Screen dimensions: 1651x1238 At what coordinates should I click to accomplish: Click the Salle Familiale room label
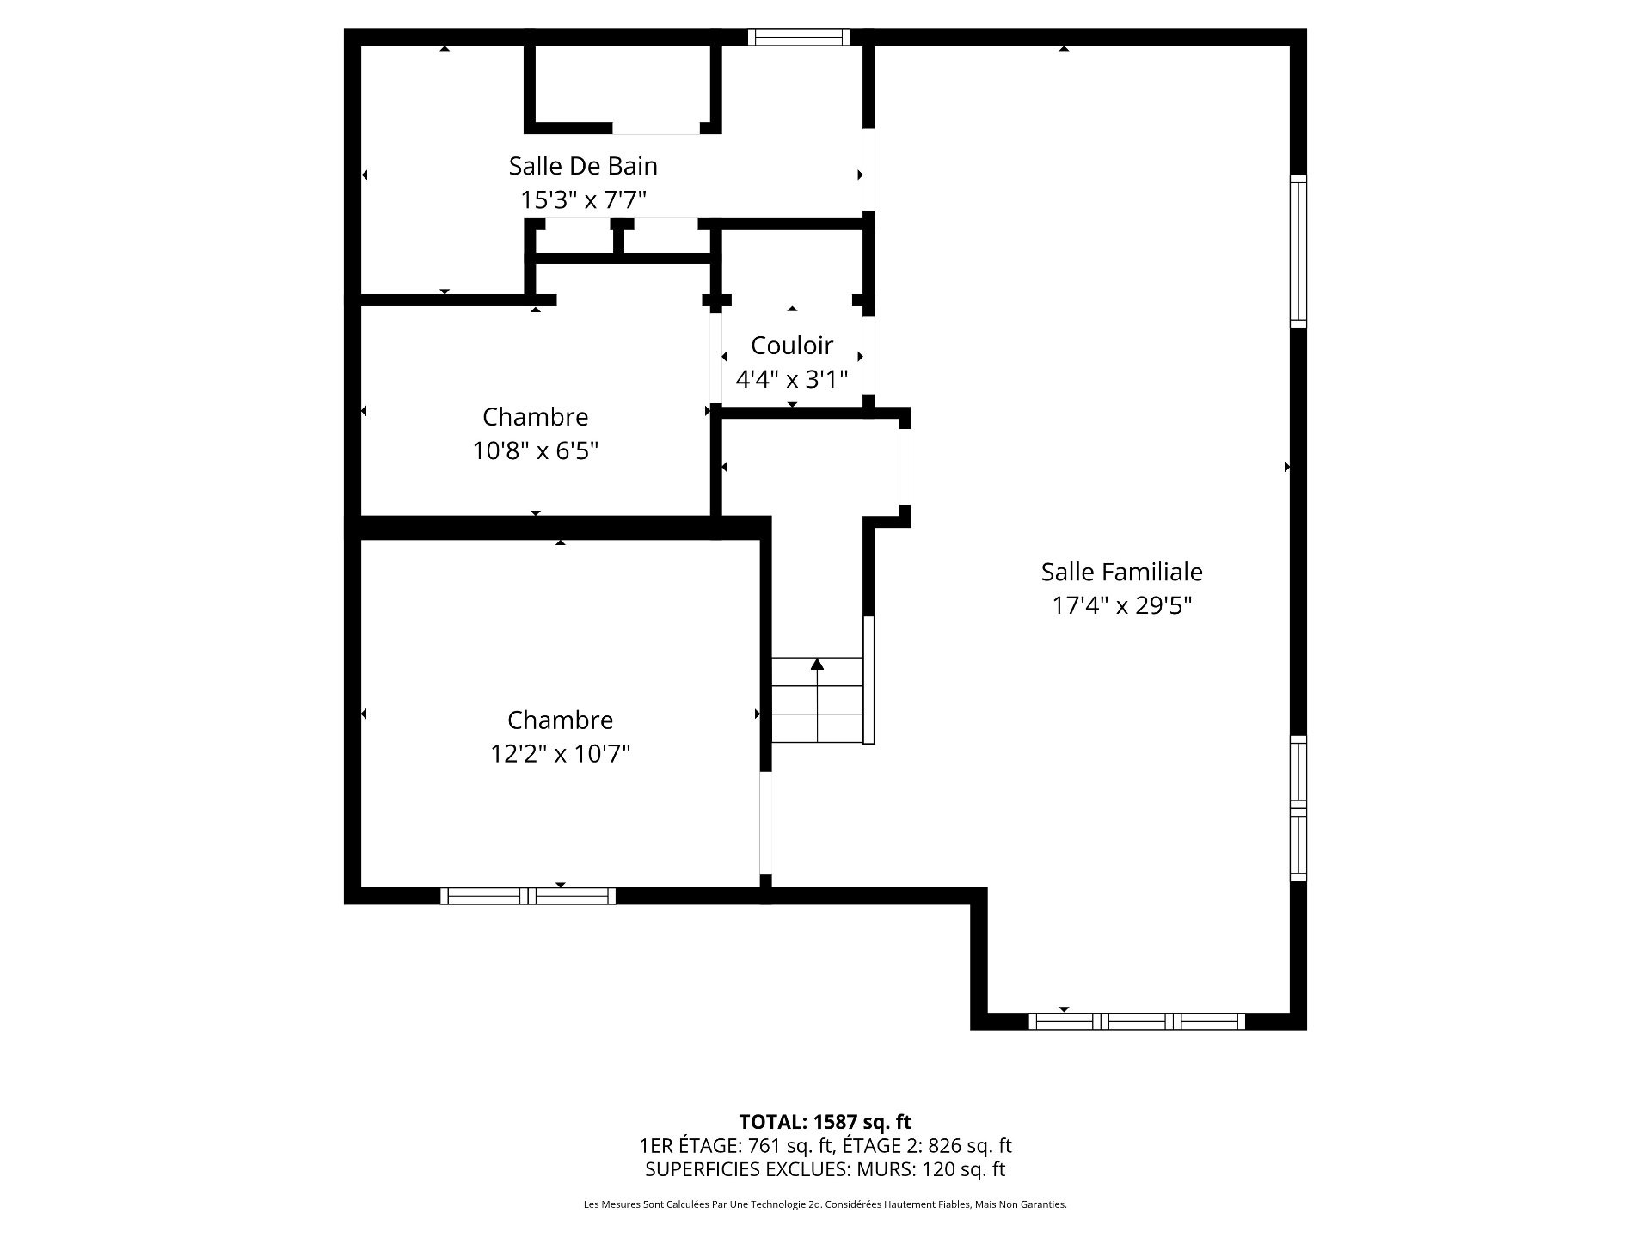1121,572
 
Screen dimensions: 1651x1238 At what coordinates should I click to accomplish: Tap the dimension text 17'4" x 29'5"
1121,606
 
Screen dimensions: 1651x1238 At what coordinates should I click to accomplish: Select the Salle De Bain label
583,166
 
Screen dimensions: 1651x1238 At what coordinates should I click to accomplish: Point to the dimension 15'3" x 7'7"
583,200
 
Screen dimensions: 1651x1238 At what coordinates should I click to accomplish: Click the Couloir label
792,346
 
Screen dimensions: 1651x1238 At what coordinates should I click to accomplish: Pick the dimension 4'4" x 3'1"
792,379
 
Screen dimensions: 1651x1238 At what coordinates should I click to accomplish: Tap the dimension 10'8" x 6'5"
535,450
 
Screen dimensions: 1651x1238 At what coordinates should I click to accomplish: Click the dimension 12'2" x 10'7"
560,754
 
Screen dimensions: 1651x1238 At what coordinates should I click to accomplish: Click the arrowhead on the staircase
817,664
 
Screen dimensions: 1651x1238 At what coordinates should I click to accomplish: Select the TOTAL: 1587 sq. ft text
825,1122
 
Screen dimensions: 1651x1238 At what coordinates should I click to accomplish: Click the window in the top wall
798,37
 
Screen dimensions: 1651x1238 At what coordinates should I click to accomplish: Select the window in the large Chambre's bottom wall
528,896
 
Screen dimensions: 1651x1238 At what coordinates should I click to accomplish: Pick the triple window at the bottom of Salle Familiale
1137,1021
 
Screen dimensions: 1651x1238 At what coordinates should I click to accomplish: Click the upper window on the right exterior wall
1298,251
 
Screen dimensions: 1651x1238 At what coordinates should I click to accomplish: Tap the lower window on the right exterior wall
1298,808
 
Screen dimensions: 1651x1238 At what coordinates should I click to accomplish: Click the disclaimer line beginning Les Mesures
825,1205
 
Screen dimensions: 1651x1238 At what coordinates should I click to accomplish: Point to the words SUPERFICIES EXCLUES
733,1169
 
